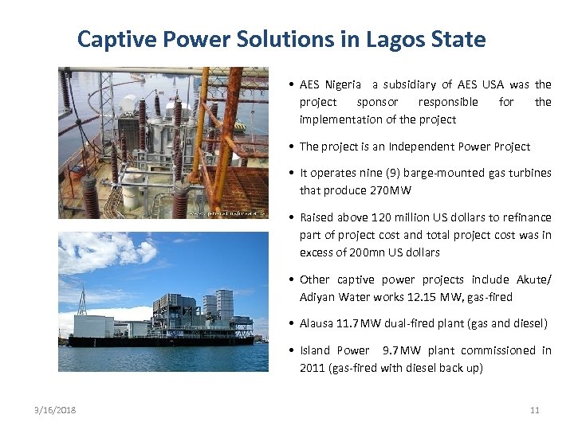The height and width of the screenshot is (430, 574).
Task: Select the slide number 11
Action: tap(534, 410)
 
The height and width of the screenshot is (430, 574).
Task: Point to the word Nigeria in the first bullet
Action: tap(344, 84)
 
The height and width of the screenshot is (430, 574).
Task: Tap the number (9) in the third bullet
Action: tap(400, 173)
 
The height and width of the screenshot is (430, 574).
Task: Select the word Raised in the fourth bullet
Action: tap(316, 217)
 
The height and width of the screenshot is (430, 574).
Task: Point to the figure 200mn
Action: tap(396, 252)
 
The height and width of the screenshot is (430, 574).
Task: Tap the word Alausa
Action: tap(317, 323)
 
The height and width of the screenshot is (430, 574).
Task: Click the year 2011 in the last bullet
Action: tap(312, 368)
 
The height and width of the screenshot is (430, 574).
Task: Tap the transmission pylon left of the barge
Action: tap(81, 299)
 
